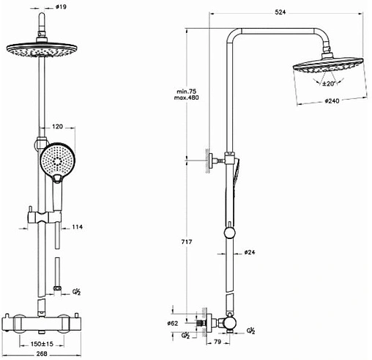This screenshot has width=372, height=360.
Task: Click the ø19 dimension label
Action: point(61,7)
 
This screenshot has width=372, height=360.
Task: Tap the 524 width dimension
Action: point(280,12)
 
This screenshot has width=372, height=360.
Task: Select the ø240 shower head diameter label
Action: point(332,101)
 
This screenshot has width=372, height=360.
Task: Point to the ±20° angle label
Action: point(329,84)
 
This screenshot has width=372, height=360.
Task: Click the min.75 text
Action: point(187,92)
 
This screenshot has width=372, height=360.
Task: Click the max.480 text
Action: point(187,98)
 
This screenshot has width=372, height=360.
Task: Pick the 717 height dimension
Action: point(187,242)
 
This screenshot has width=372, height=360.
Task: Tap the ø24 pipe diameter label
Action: point(250,252)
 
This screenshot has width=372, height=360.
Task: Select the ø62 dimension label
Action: point(173,323)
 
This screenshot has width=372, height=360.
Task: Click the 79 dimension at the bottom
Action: point(217,342)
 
